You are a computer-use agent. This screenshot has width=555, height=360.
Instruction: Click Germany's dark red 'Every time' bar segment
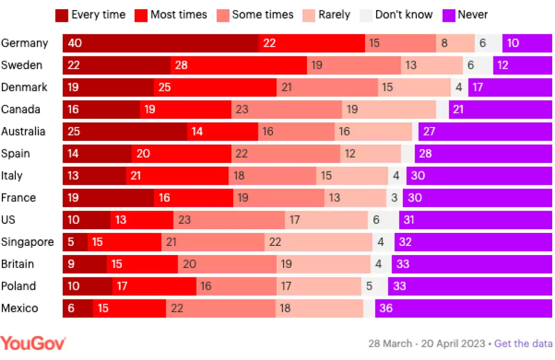click(x=161, y=43)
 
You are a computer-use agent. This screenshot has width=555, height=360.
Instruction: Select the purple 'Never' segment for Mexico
click(x=463, y=308)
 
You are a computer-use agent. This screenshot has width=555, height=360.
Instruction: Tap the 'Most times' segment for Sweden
click(x=239, y=65)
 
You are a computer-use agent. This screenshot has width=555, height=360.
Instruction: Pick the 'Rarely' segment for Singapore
click(x=318, y=242)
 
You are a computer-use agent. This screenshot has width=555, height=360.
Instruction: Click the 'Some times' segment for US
click(x=229, y=220)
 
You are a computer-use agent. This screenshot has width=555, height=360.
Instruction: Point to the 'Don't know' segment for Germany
click(x=488, y=43)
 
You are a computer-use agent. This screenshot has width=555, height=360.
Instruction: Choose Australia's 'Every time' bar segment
click(x=125, y=131)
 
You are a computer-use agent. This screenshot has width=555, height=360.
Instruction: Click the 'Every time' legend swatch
click(x=62, y=15)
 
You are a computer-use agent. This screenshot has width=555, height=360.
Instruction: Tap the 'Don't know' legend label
click(x=403, y=15)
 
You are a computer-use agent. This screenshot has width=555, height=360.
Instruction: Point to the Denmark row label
click(x=24, y=87)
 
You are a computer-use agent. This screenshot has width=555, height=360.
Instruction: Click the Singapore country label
click(x=27, y=242)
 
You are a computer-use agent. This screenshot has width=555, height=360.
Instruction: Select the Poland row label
click(x=18, y=286)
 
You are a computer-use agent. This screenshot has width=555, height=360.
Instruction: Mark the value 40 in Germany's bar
click(x=75, y=43)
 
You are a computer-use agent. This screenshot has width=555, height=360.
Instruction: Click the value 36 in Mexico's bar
click(x=386, y=308)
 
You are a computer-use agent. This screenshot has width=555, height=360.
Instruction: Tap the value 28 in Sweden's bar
click(x=181, y=65)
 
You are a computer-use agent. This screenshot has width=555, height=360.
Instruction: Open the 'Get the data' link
click(x=523, y=344)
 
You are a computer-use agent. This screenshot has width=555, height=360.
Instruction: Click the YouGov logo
click(x=33, y=343)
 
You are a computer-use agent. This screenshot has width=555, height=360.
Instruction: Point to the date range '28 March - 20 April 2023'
click(x=426, y=344)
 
